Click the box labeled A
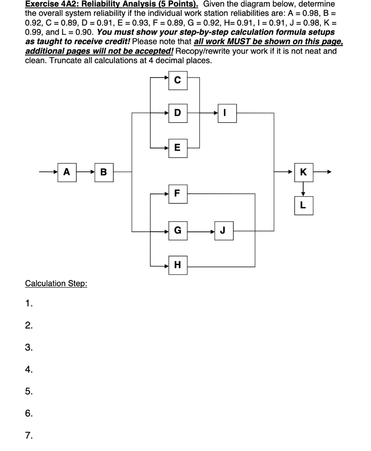click(x=67, y=172)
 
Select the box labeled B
click(x=104, y=172)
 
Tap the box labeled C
click(x=178, y=80)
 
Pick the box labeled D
click(x=178, y=113)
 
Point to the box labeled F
click(x=178, y=193)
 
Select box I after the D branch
click(x=226, y=113)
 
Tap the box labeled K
click(x=303, y=172)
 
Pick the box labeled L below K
click(x=303, y=205)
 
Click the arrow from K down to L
click(x=303, y=189)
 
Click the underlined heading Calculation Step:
click(x=56, y=283)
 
